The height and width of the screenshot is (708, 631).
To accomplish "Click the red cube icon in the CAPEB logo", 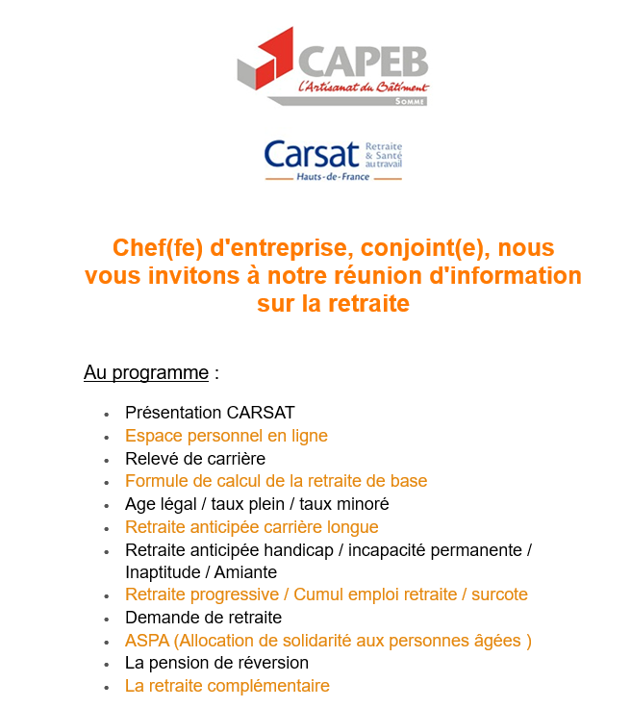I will [265, 59].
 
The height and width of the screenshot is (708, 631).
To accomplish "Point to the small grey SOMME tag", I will [410, 100].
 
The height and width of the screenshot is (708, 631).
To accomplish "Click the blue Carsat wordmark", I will [308, 154].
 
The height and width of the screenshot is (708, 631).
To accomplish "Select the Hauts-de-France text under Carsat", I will [333, 178].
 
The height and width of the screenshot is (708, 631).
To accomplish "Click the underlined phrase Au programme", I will [146, 372].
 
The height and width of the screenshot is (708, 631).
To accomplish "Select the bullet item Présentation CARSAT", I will [210, 413].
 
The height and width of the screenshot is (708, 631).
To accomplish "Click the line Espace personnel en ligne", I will [226, 436].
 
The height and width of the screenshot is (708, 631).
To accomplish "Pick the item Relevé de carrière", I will [195, 459].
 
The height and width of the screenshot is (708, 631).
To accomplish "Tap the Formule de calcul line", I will [276, 481].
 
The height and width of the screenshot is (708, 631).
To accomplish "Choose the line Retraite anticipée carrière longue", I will [251, 527].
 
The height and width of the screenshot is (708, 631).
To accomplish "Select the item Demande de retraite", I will [203, 618].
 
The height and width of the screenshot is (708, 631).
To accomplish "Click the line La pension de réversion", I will [216, 663].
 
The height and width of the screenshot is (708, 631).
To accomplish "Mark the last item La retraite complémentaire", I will [227, 686].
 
